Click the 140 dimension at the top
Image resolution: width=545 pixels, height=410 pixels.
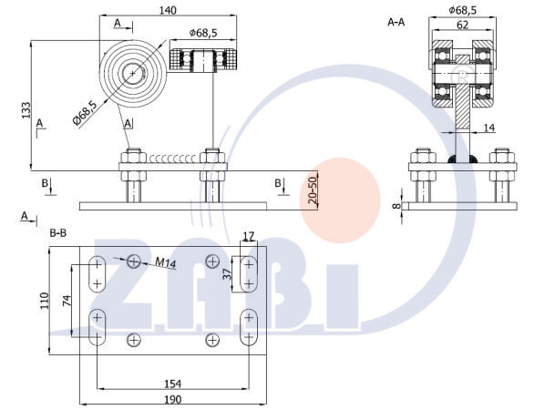point(168,10)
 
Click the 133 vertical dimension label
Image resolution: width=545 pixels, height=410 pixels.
point(26,110)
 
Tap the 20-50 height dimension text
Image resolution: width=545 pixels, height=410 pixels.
point(313,190)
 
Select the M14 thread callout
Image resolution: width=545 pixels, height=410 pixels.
point(165,262)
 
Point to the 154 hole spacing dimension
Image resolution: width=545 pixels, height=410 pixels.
point(173,384)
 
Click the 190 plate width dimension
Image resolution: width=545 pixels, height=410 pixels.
point(173,399)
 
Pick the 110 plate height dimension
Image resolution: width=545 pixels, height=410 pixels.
point(45,301)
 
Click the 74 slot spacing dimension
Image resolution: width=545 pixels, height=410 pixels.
point(67,301)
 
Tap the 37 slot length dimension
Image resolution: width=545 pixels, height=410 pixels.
point(227,274)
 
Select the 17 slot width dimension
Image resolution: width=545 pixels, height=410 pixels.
point(249,237)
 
